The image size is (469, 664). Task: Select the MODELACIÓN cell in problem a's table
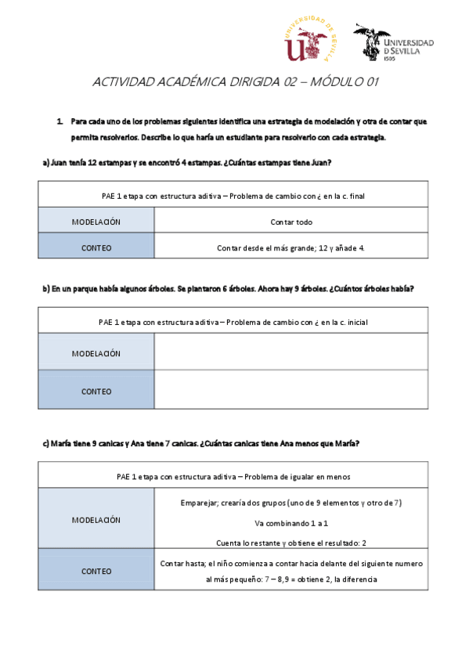click(x=96, y=222)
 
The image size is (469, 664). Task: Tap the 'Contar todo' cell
click(x=291, y=222)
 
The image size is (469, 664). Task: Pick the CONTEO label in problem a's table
click(x=96, y=247)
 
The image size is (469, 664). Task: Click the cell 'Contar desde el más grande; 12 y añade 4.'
click(x=291, y=247)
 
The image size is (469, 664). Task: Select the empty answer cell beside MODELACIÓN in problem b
click(x=291, y=352)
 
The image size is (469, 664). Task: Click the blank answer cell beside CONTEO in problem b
click(x=291, y=390)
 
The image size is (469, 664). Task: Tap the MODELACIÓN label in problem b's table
click(x=96, y=353)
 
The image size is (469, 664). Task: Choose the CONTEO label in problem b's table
click(x=96, y=390)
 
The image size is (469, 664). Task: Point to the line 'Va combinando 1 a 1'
click(x=291, y=521)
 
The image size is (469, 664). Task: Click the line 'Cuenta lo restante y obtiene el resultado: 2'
click(x=291, y=542)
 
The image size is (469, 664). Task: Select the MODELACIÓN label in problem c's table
click(x=96, y=519)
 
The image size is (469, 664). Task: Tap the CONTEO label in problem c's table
click(x=96, y=571)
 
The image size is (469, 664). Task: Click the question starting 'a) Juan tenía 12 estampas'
click(x=186, y=163)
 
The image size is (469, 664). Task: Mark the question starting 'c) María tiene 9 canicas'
click(x=200, y=443)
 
